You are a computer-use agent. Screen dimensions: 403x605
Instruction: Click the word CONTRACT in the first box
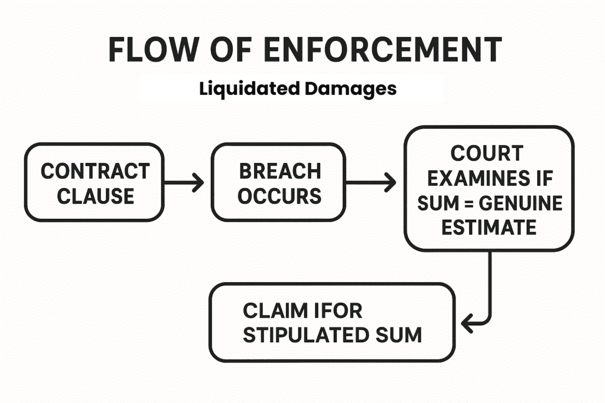coord(95,172)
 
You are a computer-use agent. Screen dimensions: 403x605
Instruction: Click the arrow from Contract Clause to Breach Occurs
coord(184,183)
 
